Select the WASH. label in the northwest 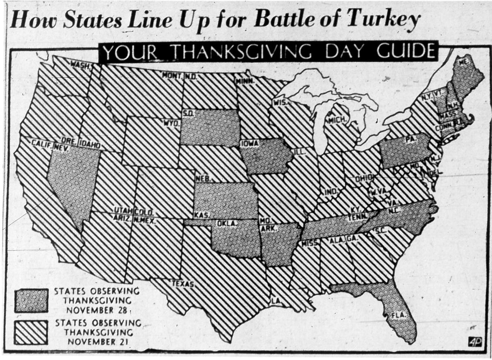point(80,65)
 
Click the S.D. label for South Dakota point(188,113)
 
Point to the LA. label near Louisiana point(276,301)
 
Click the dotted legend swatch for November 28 point(31,301)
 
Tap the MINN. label point(244,81)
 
